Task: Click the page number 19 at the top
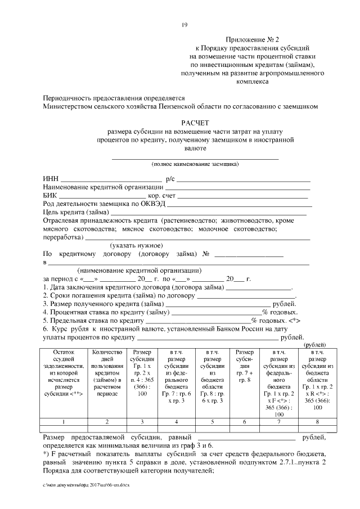[184, 25]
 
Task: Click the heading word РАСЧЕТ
[195, 122]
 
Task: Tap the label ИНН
[51, 179]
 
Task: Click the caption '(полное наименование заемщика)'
[195, 164]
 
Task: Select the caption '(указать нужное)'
[136, 245]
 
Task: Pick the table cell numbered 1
[64, 422]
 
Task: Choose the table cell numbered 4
[176, 422]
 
